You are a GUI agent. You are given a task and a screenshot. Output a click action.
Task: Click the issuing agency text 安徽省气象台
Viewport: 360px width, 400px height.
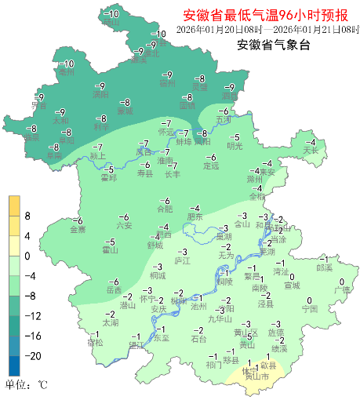coord(274,45)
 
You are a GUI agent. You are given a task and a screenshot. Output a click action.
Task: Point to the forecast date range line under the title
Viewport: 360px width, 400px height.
coord(267,30)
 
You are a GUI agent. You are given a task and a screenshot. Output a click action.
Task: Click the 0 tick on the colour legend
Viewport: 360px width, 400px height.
coord(27,256)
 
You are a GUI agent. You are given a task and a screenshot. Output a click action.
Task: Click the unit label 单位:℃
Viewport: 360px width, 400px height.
coord(27,385)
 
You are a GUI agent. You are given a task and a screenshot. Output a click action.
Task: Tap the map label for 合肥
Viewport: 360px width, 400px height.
coord(164,209)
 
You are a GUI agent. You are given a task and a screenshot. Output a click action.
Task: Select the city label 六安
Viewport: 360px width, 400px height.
coord(125,226)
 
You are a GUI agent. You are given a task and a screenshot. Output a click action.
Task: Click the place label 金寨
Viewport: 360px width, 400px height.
coord(78,230)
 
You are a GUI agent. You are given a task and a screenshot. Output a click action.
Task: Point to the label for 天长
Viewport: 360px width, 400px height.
coord(311,150)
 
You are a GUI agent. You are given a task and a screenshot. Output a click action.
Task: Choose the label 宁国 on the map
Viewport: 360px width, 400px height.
coord(310,309)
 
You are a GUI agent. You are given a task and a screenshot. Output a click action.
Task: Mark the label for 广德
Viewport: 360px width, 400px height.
coord(342,289)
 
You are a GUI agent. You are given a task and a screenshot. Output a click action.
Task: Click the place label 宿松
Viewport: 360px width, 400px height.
coord(95,342)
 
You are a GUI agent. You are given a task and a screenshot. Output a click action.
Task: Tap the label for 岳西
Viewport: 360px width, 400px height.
coord(115,290)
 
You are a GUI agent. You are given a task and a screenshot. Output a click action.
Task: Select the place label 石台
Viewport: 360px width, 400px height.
coord(199,339)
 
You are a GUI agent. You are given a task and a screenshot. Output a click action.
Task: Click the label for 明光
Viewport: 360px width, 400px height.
coord(235,146)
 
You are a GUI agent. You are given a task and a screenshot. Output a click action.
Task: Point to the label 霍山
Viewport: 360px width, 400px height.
coord(110,250)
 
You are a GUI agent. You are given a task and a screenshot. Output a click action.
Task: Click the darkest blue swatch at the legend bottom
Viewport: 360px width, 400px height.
coord(14,365)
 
